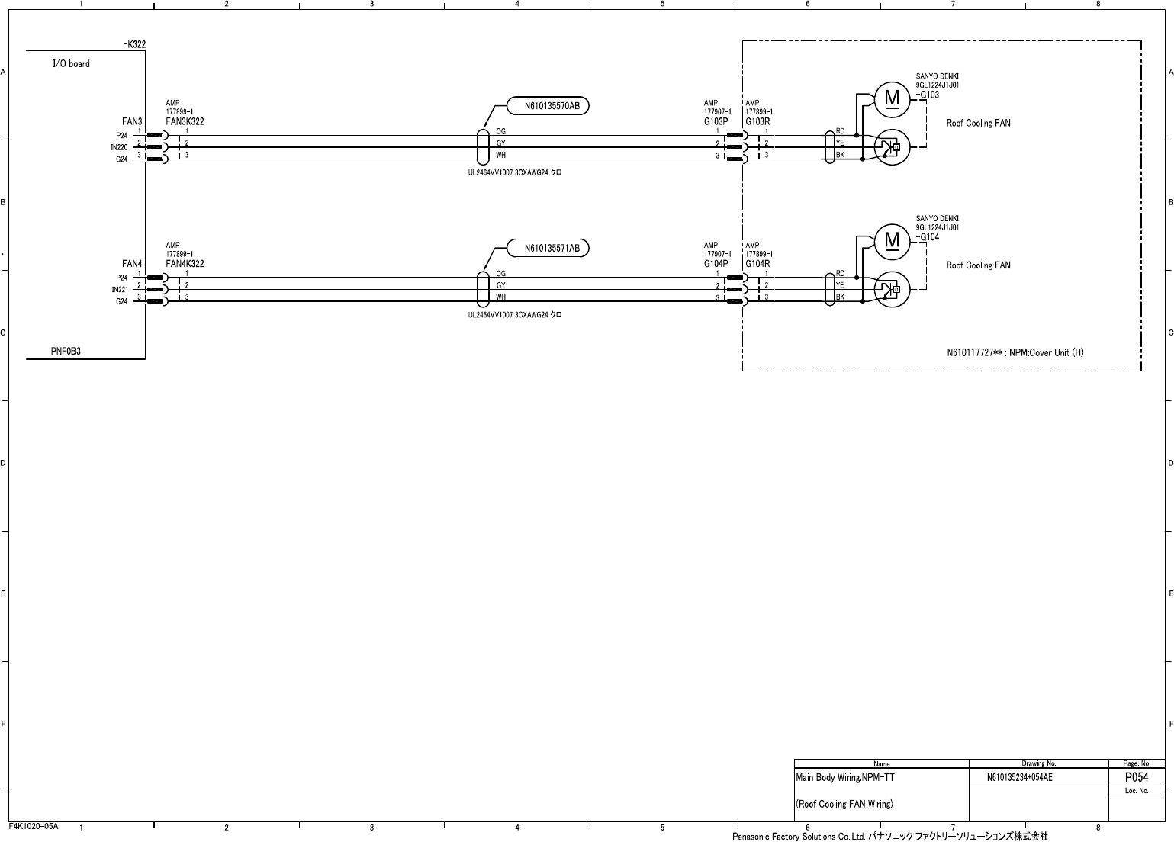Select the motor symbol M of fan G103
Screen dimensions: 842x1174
click(x=892, y=98)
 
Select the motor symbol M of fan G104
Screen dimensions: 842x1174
click(x=892, y=240)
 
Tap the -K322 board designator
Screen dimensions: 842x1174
click(x=134, y=45)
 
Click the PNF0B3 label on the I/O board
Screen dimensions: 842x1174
click(x=66, y=352)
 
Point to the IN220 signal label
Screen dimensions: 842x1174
click(x=119, y=147)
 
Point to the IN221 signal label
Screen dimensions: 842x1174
click(x=119, y=290)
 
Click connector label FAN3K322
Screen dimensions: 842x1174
click(x=185, y=122)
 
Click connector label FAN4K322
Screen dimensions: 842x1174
click(x=185, y=264)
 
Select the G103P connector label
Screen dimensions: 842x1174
click(x=716, y=122)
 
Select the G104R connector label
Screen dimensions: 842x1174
click(x=757, y=264)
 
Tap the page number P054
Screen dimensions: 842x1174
click(x=1137, y=778)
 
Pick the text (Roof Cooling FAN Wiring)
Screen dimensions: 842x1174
click(x=844, y=804)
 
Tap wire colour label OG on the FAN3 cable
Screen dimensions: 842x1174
click(x=501, y=131)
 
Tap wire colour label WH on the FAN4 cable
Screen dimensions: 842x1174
click(x=501, y=297)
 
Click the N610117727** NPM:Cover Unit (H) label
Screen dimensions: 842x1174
click(x=1015, y=352)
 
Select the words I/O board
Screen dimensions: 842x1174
click(x=71, y=64)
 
